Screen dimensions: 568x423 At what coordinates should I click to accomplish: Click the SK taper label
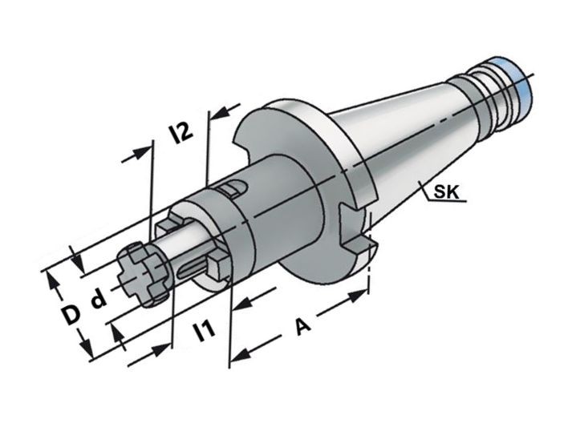point(446,191)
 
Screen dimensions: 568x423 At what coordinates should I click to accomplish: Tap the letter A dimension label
point(302,326)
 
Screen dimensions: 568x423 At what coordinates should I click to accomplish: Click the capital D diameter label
point(70,314)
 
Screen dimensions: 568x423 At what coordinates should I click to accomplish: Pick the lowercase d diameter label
point(98,298)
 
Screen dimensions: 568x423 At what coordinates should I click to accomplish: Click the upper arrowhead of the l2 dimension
point(221,113)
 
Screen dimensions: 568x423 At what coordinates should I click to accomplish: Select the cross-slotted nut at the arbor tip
point(144,274)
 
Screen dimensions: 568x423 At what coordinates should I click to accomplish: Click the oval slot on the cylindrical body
point(233,188)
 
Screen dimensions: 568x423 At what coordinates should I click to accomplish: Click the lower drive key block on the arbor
point(218,266)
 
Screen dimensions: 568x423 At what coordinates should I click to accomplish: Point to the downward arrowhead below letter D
point(85,342)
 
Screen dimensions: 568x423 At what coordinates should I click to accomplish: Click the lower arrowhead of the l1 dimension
point(160,350)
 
